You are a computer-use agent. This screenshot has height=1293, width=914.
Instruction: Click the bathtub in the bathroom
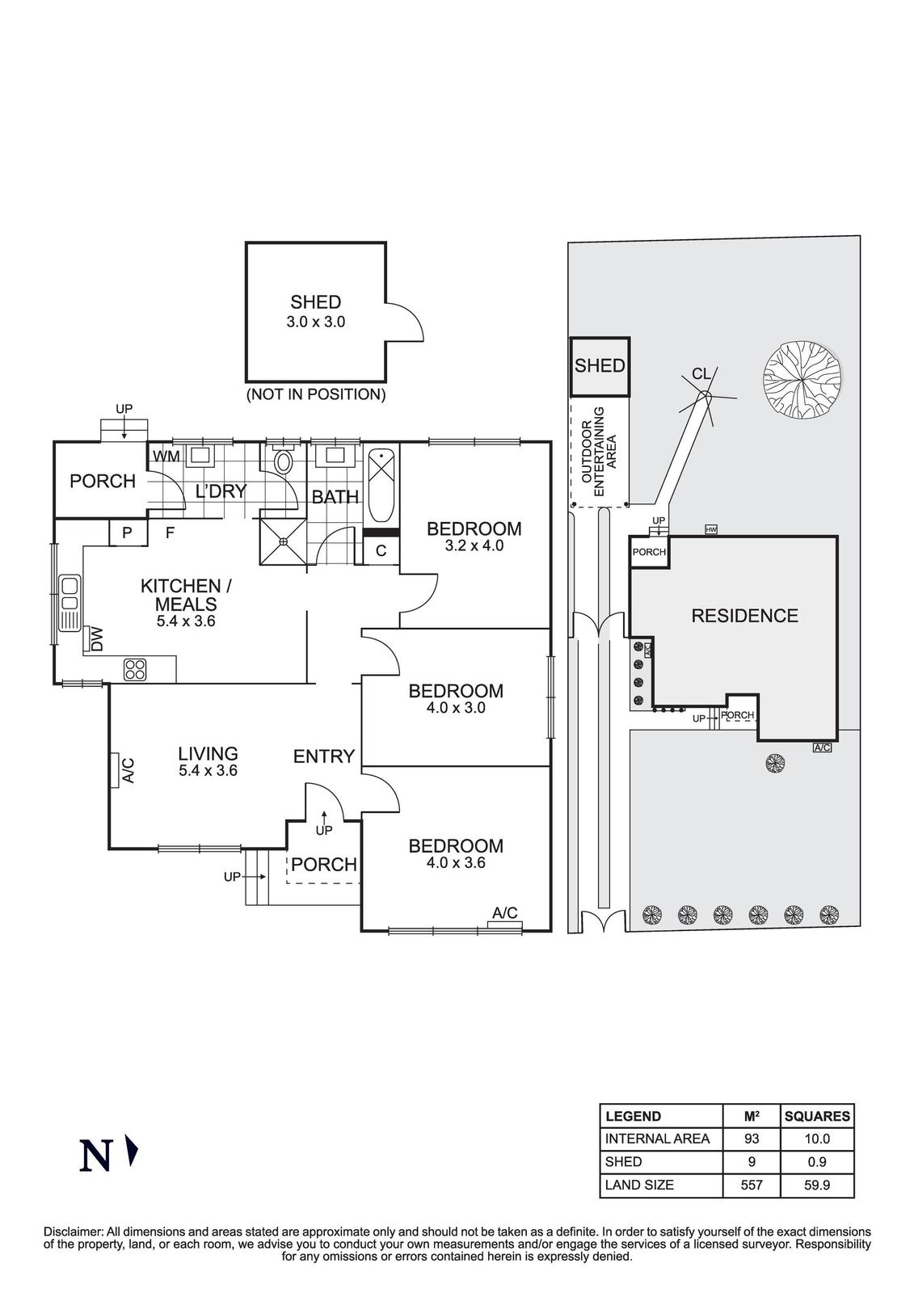pos(381,486)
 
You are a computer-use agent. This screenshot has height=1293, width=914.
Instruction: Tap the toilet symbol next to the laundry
pos(284,462)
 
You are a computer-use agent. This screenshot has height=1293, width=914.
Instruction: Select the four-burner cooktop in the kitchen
pos(135,669)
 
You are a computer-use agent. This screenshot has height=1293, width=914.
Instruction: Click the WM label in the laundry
pos(166,457)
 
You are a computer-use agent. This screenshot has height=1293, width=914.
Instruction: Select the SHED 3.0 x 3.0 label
pos(315,310)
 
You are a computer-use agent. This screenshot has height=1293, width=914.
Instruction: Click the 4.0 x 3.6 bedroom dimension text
pos(456,862)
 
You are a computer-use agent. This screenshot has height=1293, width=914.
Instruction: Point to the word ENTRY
pos(323,756)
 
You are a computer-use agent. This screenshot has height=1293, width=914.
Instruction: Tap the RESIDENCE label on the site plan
pos(744,616)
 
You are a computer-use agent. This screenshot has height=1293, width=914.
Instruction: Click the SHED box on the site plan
pos(600,366)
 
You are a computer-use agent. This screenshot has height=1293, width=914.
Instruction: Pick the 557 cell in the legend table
pos(751,1186)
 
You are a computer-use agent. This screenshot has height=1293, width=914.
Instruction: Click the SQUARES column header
pos(817,1116)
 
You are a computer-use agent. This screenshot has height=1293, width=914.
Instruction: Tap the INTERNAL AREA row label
pos(657,1139)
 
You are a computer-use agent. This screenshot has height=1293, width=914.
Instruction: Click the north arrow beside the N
pos(133,1152)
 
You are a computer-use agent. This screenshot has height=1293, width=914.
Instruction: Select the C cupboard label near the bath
pos(381,551)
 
